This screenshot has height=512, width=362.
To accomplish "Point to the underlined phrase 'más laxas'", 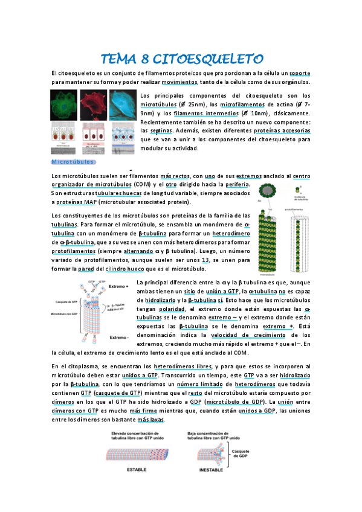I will [x=150, y=420].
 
